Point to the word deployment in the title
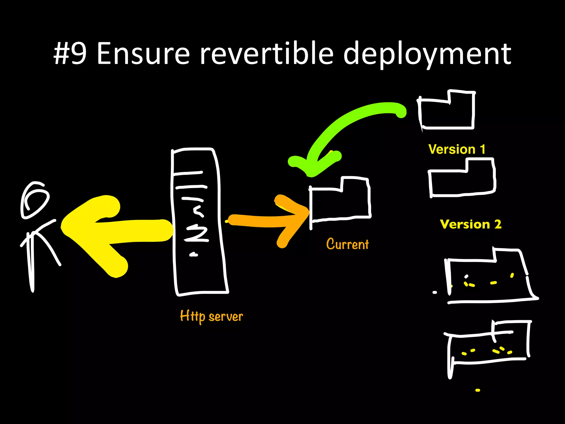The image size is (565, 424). pyautogui.click(x=427, y=54)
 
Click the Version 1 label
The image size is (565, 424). pyautogui.click(x=457, y=149)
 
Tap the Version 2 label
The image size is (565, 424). pyautogui.click(x=471, y=224)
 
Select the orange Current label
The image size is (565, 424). pyautogui.click(x=347, y=244)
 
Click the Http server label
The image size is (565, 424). pyautogui.click(x=211, y=316)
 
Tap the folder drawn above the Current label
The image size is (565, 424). pyautogui.click(x=340, y=202)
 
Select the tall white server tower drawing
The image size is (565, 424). pyautogui.click(x=199, y=221)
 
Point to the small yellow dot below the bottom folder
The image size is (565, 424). pyautogui.click(x=478, y=390)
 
